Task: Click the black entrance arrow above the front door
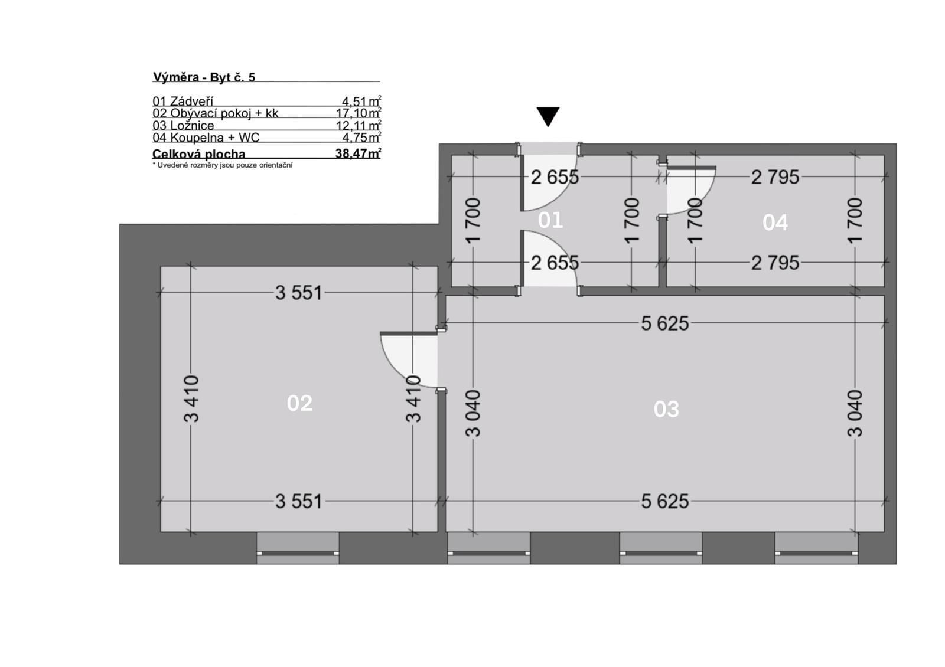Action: [x=548, y=116]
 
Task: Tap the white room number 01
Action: [x=550, y=220]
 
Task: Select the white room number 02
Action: [x=299, y=403]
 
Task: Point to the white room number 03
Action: [x=666, y=409]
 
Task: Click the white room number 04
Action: [x=775, y=223]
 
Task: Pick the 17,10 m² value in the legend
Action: [x=359, y=113]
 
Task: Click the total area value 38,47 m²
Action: [x=358, y=153]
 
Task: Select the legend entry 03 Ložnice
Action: [x=183, y=125]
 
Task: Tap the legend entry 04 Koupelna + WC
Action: [x=206, y=138]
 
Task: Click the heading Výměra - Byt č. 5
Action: [x=204, y=77]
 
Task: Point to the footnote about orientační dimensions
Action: [x=222, y=165]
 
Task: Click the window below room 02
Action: [x=298, y=548]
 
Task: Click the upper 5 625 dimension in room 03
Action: [x=665, y=323]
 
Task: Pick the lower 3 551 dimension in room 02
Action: [x=299, y=501]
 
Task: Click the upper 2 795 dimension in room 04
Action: [x=775, y=177]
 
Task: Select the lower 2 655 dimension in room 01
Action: [x=555, y=263]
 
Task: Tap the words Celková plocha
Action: [x=198, y=153]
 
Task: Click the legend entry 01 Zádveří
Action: [x=183, y=101]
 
